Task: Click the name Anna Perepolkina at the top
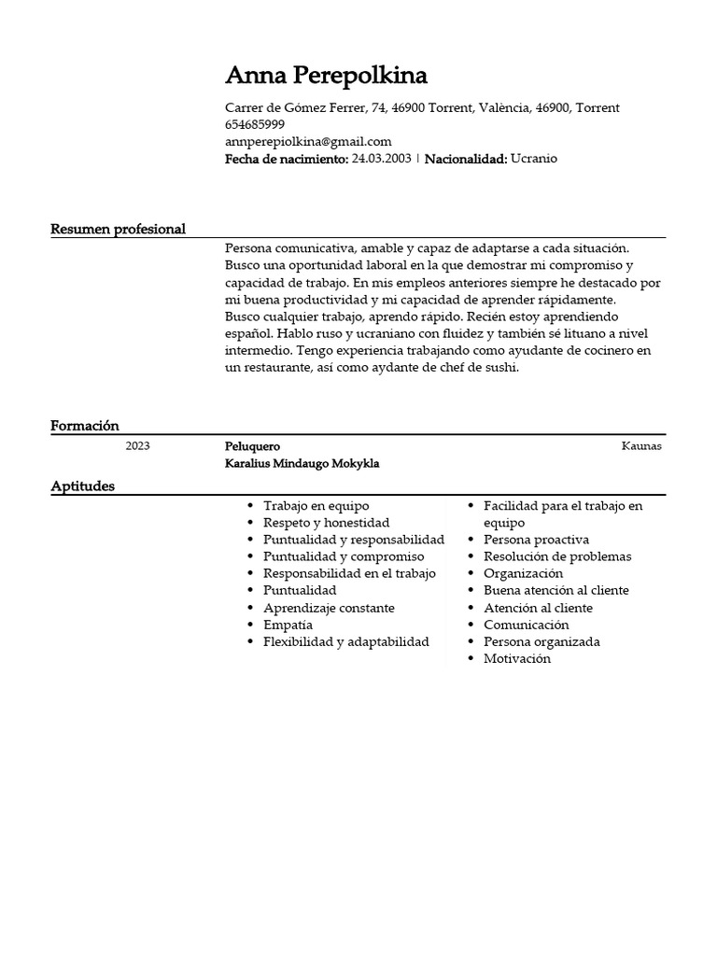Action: click(x=326, y=76)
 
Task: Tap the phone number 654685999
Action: click(x=255, y=124)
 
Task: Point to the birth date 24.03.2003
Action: click(x=381, y=159)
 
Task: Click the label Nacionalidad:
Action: click(x=466, y=159)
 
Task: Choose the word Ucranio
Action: click(x=534, y=159)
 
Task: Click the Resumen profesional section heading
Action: click(x=118, y=229)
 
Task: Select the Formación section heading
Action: click(x=85, y=426)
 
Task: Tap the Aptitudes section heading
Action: click(x=83, y=486)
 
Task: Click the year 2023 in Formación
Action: click(x=137, y=446)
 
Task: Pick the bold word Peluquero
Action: click(x=252, y=446)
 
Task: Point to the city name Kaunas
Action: click(x=641, y=446)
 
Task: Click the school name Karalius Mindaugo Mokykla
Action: click(x=302, y=463)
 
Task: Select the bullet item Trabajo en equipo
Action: click(x=316, y=505)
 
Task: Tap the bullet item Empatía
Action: click(x=288, y=625)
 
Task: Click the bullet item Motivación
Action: click(x=517, y=658)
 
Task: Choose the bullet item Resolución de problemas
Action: click(x=557, y=556)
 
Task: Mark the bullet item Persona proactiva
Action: click(x=536, y=540)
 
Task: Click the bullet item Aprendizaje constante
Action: click(x=329, y=608)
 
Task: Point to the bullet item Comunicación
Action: click(x=526, y=625)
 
